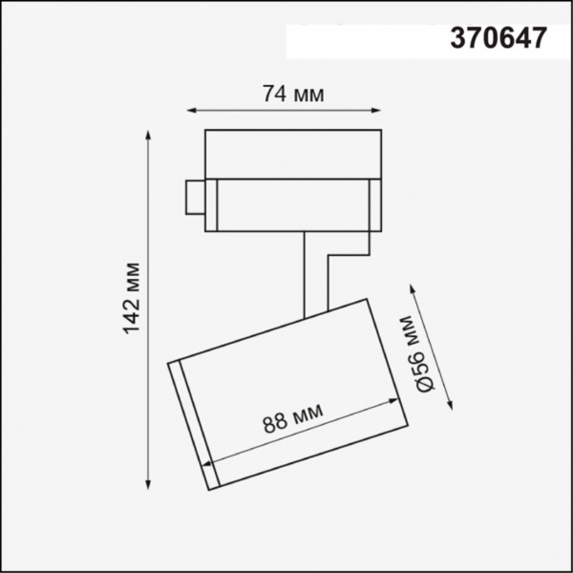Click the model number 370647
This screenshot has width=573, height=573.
point(498,37)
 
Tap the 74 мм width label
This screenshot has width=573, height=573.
point(292,95)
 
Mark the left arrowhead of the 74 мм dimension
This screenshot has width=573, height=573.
point(190,110)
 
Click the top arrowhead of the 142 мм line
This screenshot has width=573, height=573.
point(149,134)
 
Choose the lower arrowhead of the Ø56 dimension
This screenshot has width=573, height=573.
point(450,409)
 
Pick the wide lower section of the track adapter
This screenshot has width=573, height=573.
point(291,202)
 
